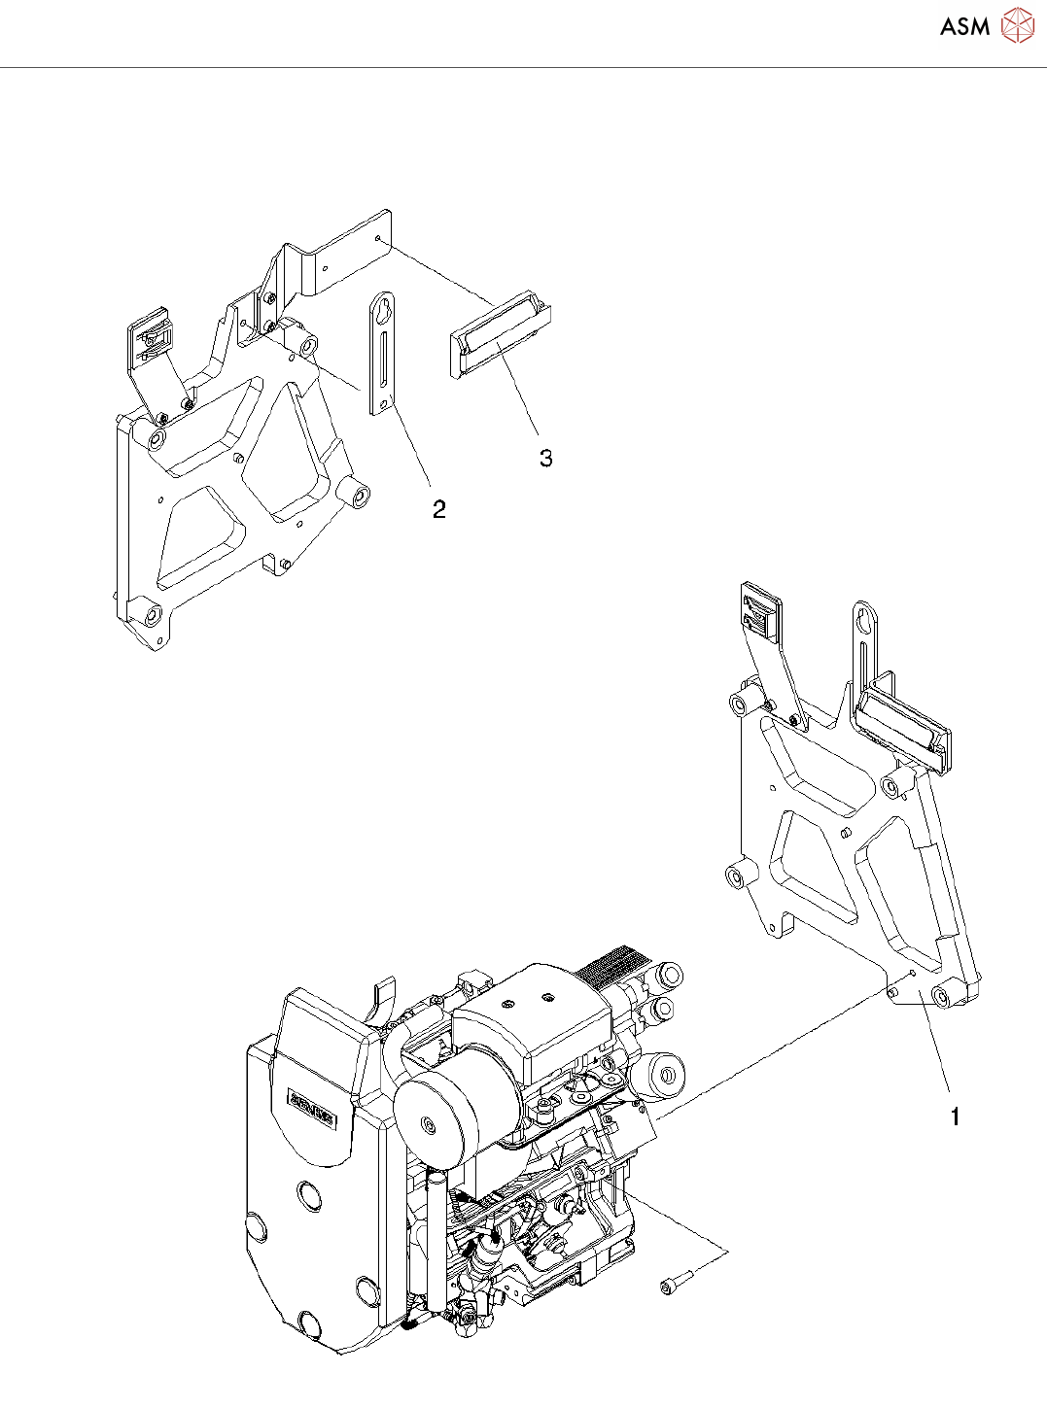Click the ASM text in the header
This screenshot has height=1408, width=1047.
coord(964,27)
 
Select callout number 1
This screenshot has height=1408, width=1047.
coord(955,1117)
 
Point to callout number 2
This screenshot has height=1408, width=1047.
coord(439,509)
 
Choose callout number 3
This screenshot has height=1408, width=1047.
coord(546,458)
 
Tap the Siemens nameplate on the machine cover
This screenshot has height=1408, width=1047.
coord(311,1108)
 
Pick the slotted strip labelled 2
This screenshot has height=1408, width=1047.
coord(384,354)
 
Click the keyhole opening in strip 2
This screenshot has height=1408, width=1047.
coord(383,311)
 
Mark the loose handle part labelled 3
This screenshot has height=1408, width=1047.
coord(500,335)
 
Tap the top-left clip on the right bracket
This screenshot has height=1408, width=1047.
coord(759,611)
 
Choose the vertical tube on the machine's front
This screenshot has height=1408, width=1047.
coord(436,1234)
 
